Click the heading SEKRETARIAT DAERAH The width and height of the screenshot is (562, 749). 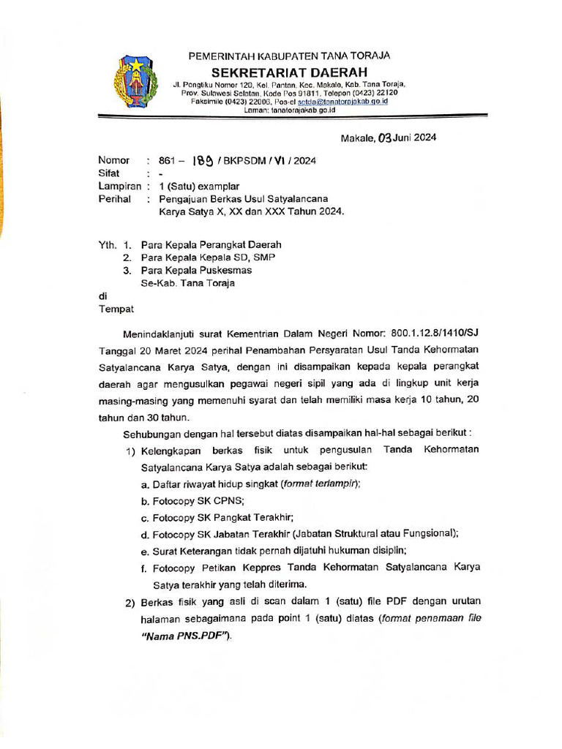pyautogui.click(x=289, y=72)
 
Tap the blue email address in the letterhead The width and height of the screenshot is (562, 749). pyautogui.click(x=343, y=102)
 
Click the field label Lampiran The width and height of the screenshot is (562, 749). pyautogui.click(x=119, y=187)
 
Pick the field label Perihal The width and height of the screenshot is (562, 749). pyautogui.click(x=115, y=198)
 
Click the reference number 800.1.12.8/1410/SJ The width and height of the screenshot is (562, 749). pyautogui.click(x=432, y=333)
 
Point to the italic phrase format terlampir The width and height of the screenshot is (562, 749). pyautogui.click(x=320, y=483)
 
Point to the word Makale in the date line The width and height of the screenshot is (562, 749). pyautogui.click(x=357, y=138)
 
